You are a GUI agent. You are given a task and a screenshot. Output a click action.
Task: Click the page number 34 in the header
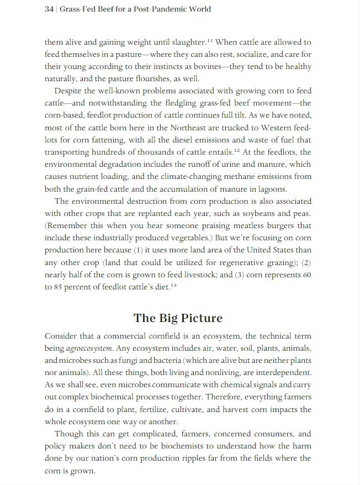[x=48, y=9]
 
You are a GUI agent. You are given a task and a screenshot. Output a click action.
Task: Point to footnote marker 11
[x=210, y=40]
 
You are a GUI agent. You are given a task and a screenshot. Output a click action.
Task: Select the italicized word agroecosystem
[x=89, y=349]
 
